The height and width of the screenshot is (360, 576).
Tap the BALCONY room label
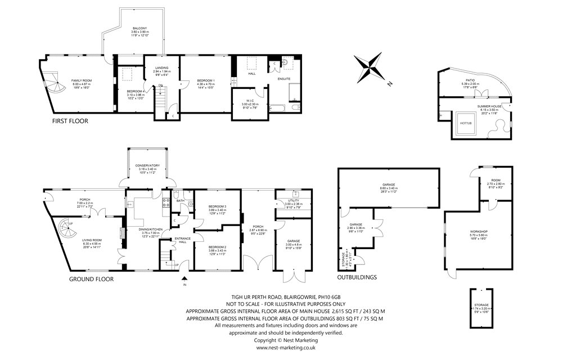[x=140, y=28]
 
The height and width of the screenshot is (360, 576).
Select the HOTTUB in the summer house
[x=466, y=123]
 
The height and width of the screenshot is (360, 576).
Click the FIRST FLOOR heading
[x=70, y=121]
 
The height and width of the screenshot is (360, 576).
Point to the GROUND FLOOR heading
[x=91, y=279]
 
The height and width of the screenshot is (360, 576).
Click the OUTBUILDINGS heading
[x=357, y=277]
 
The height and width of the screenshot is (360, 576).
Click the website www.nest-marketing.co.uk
[x=286, y=348]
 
